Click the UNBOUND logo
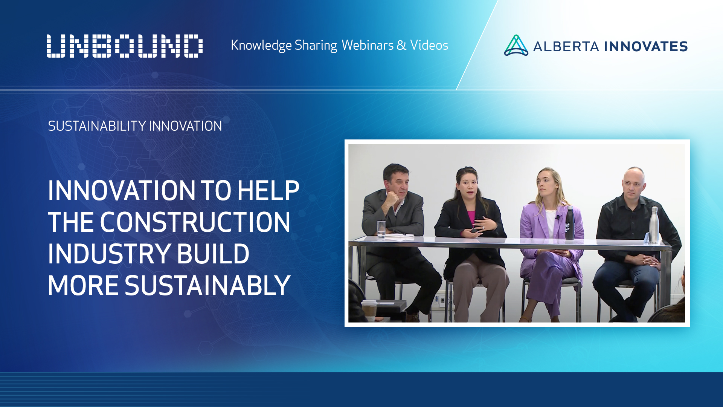point(124,46)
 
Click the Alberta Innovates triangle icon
point(516,46)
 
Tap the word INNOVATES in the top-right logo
point(646,46)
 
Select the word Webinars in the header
point(368,45)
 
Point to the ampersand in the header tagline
point(401,45)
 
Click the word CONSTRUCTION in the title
point(195,222)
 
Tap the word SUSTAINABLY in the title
point(207,285)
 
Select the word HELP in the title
point(268,191)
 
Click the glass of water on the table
point(381,229)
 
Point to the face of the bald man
point(633,186)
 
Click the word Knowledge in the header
point(261,45)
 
